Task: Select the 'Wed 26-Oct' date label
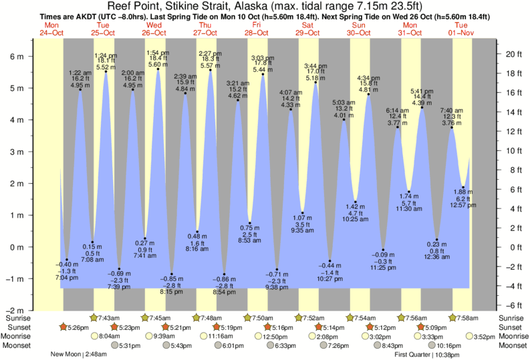pos(154,29)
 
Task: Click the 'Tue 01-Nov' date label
pos(461,29)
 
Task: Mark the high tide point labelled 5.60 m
pos(158,69)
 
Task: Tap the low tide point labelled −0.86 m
pos(224,275)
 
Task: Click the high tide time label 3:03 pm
pos(262,59)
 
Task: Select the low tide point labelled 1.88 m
pos(462,187)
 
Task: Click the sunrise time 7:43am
pos(109,317)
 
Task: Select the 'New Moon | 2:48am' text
pos(78,355)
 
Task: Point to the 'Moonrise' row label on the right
pos(511,337)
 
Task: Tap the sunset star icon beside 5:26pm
pos(63,327)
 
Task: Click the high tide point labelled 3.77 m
pos(397,128)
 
